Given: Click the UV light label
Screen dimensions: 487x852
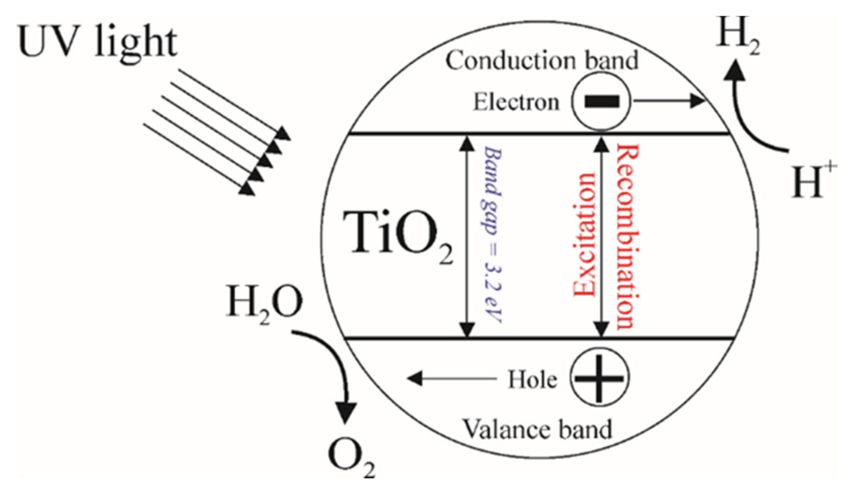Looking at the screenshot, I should click(97, 43).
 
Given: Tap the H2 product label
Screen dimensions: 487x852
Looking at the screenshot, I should click(738, 36).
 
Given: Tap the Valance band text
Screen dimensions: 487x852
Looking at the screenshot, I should click(538, 430).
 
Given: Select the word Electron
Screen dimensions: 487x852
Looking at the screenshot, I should click(517, 102).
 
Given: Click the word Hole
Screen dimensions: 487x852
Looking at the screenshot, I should click(532, 380).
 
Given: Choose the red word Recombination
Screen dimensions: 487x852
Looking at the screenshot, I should click(627, 236).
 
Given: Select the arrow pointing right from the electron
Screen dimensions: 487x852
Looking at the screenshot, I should click(668, 101).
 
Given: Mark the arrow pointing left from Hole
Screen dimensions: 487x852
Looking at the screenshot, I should click(451, 379).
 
